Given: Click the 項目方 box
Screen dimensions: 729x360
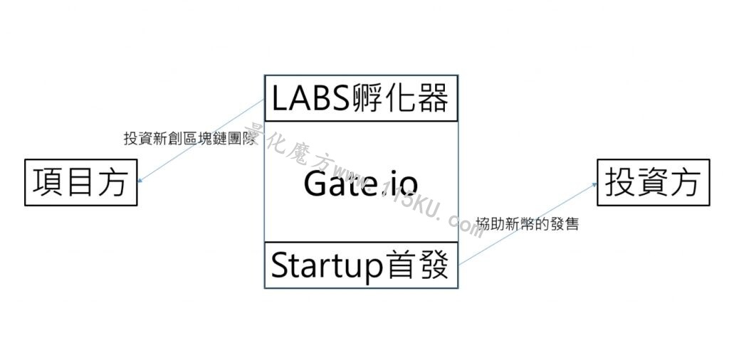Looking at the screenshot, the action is (81, 182).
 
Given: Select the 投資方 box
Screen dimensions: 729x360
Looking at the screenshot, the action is (654, 182).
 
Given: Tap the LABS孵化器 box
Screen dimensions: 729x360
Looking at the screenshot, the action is (361, 98).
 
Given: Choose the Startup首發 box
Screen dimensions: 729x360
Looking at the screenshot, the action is (361, 265).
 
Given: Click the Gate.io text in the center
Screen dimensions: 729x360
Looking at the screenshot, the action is (361, 184).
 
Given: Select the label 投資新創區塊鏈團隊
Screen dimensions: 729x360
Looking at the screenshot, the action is (190, 139).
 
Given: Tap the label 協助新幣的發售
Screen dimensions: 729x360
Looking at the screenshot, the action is (528, 224).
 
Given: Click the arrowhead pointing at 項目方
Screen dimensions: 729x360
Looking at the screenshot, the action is (141, 180).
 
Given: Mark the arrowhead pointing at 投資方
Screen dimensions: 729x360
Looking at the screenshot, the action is (594, 184).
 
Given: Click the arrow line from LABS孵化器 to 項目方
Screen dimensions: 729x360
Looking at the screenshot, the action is (201, 140).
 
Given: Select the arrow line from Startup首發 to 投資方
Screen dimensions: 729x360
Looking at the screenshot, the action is (528, 224).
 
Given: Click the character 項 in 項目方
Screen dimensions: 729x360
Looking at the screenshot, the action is (48, 182).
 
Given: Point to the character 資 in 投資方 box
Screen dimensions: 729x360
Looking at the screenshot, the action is (654, 182).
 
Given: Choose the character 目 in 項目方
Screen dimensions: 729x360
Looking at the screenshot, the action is (80, 182).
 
